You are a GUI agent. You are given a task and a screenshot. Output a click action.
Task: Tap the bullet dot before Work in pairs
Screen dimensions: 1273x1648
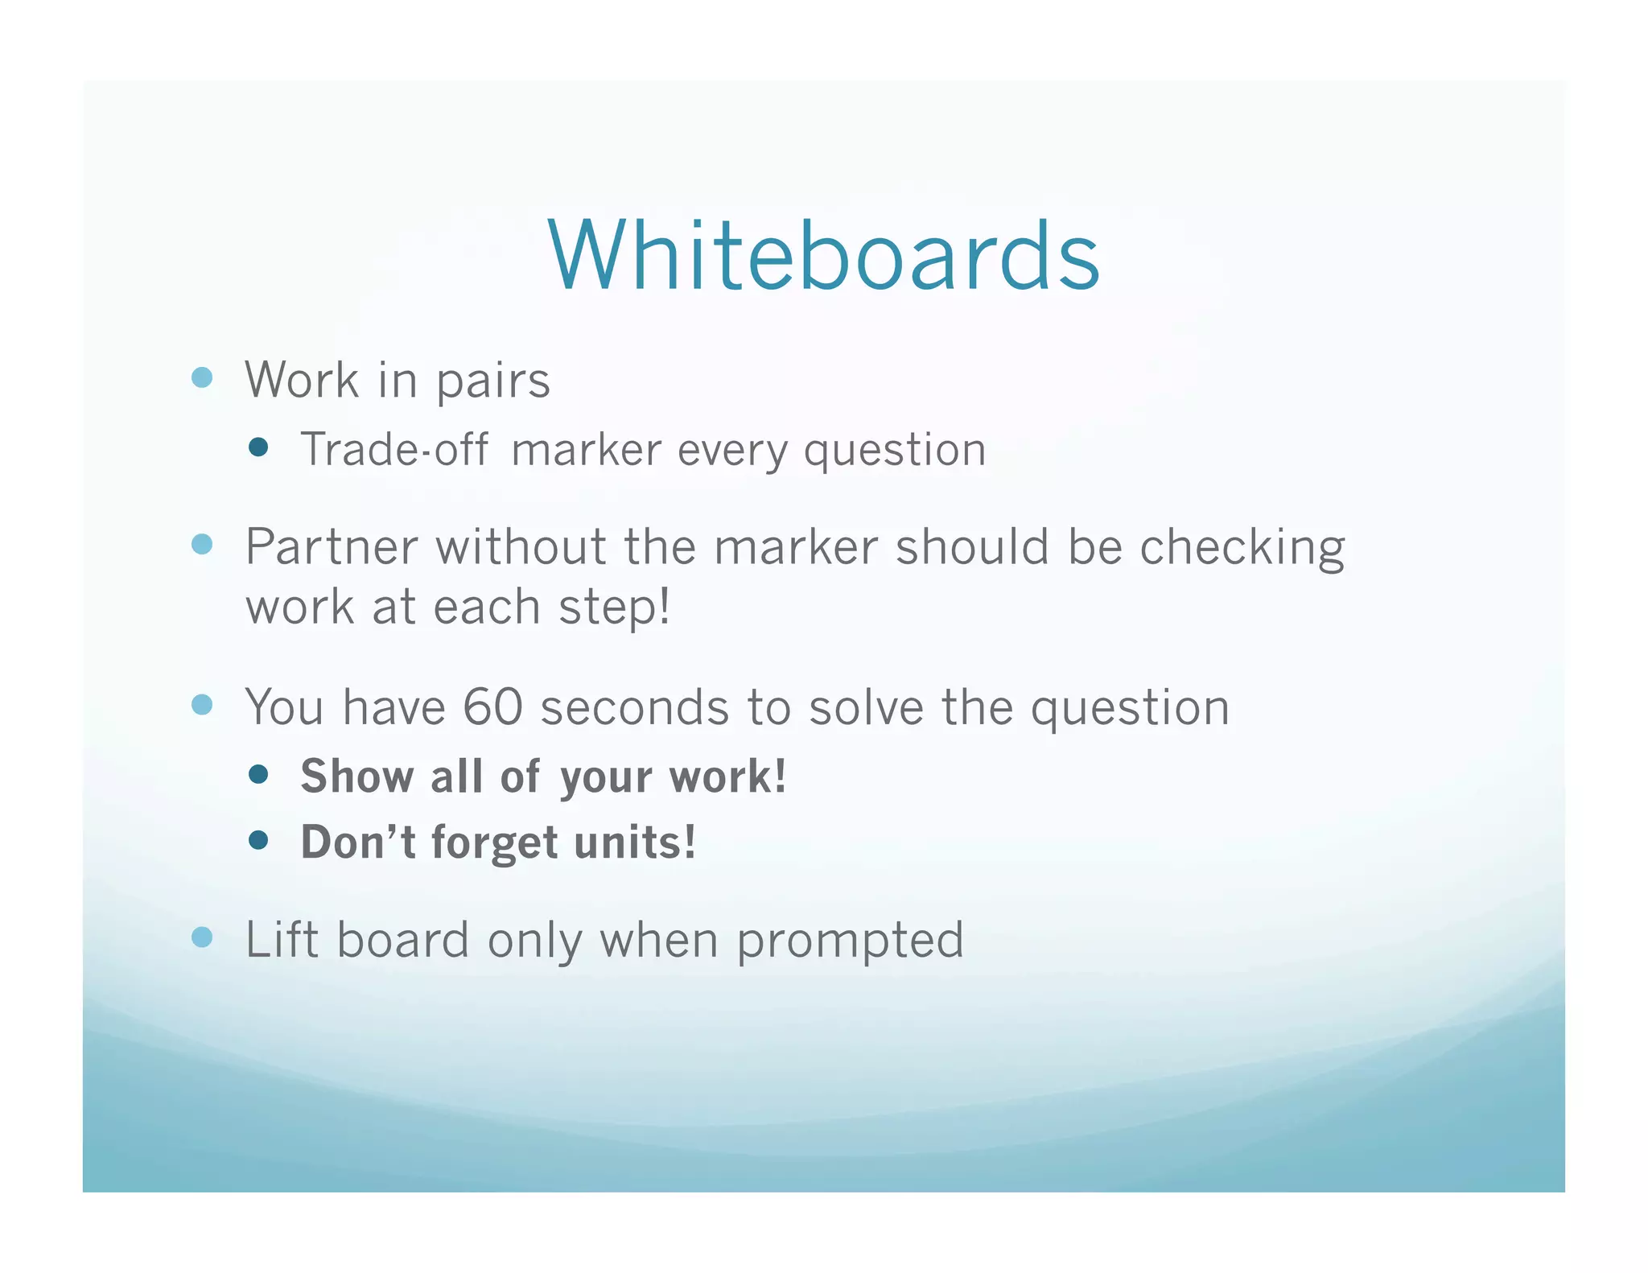(x=202, y=377)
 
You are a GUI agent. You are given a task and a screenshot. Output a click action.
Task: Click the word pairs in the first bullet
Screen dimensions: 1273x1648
(x=492, y=381)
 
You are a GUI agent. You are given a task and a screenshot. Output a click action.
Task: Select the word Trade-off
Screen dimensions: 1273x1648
(x=394, y=450)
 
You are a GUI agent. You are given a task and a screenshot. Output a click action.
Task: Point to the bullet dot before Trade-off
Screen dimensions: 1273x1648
(x=258, y=447)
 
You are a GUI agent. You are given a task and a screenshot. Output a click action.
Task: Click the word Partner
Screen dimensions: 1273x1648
(x=331, y=547)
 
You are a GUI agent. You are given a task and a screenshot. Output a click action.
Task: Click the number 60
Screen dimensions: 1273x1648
(x=492, y=707)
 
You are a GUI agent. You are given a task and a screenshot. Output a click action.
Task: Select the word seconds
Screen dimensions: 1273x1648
(x=634, y=708)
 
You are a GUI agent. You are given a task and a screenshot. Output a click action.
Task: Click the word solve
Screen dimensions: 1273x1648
(x=866, y=708)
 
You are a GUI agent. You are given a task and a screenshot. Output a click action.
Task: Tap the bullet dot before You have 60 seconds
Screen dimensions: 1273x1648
(x=202, y=705)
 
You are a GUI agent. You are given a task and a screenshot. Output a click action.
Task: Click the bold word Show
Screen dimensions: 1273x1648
(x=357, y=777)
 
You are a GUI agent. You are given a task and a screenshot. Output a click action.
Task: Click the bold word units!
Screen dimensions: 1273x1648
(x=635, y=842)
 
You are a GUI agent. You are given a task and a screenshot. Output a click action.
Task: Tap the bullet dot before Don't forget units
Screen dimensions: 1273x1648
(x=258, y=841)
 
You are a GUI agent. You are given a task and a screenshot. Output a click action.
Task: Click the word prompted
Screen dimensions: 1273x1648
(x=850, y=941)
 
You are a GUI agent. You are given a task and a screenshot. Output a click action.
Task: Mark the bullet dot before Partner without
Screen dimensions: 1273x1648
(x=202, y=545)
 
